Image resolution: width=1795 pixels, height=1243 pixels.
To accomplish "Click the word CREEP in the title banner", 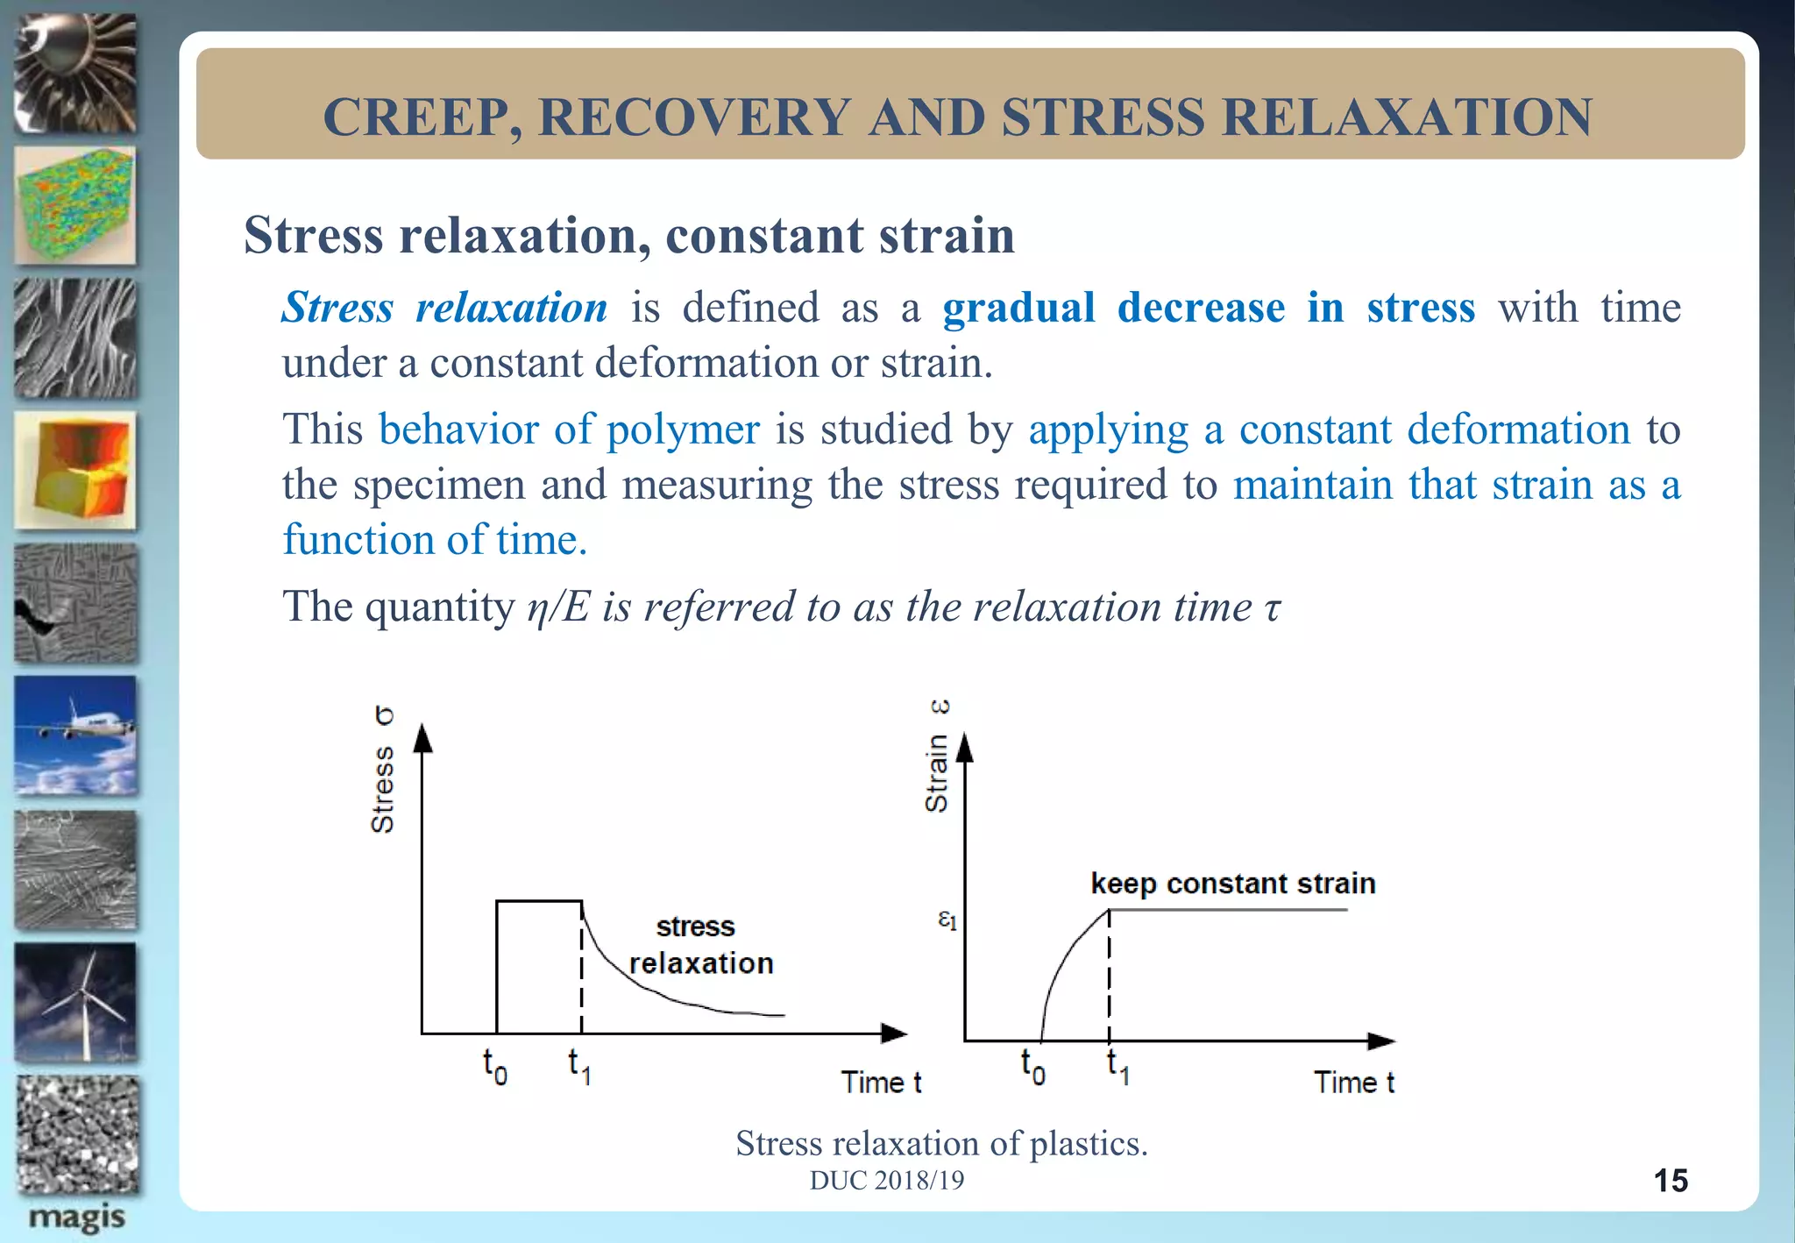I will tap(411, 117).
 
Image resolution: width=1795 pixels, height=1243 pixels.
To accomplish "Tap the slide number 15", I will tap(1670, 1181).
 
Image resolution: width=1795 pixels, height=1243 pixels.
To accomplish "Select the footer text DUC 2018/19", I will tap(886, 1181).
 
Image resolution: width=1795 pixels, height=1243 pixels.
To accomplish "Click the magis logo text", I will tap(76, 1217).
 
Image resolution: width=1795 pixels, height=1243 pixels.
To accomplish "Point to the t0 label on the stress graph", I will tap(494, 1066).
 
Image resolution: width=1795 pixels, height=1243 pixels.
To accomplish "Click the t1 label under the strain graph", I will tap(1117, 1066).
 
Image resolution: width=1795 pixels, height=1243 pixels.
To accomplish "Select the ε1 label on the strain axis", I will tap(947, 920).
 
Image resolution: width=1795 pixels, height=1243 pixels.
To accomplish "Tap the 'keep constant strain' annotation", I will tap(1232, 884).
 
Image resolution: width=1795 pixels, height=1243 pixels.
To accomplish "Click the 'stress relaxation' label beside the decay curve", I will tap(700, 945).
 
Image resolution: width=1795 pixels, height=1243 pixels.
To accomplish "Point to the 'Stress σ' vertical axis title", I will tap(383, 769).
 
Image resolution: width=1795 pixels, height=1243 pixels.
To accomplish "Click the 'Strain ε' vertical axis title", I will tap(937, 756).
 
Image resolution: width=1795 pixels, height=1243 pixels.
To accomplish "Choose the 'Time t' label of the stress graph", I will tap(881, 1083).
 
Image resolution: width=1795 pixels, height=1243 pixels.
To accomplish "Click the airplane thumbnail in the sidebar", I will tap(76, 735).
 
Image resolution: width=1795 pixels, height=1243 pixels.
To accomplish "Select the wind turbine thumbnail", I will tap(76, 1002).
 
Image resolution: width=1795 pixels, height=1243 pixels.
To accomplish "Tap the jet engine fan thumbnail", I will tap(76, 74).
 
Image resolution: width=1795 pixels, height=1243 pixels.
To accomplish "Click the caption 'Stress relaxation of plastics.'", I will tap(941, 1143).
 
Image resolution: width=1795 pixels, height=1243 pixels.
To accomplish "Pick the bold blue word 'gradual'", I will tap(1018, 308).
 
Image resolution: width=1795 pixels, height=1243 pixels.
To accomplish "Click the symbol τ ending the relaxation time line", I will tap(1272, 607).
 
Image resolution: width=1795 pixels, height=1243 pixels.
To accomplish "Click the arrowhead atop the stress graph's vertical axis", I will tap(423, 738).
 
